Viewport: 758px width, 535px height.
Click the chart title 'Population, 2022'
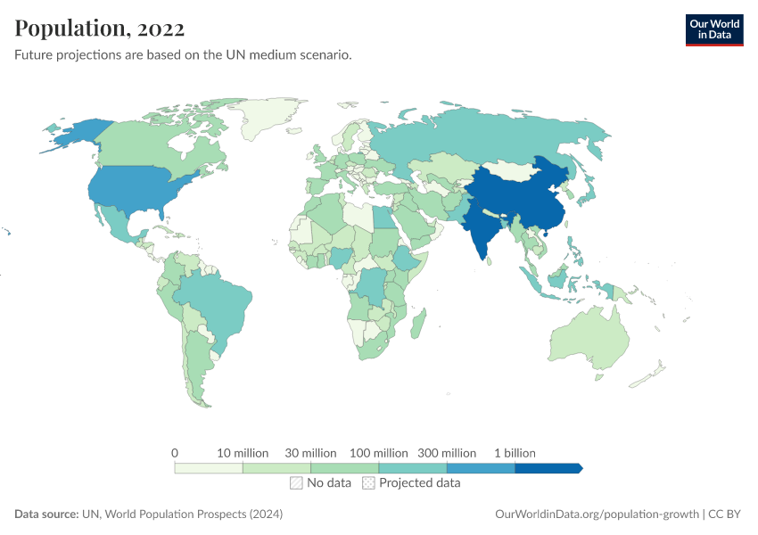coord(100,29)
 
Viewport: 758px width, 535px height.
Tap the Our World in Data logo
coord(714,29)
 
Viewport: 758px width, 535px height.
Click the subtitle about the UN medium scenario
coord(183,55)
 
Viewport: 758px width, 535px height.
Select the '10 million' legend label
coord(243,453)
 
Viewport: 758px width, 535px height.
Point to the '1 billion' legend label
coord(515,453)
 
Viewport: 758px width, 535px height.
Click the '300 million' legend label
coord(447,453)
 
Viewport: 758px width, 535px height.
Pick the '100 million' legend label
coord(379,453)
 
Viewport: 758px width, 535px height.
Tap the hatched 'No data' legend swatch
coord(296,483)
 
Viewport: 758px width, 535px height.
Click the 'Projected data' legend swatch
coord(368,483)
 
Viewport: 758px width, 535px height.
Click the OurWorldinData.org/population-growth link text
coord(596,514)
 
